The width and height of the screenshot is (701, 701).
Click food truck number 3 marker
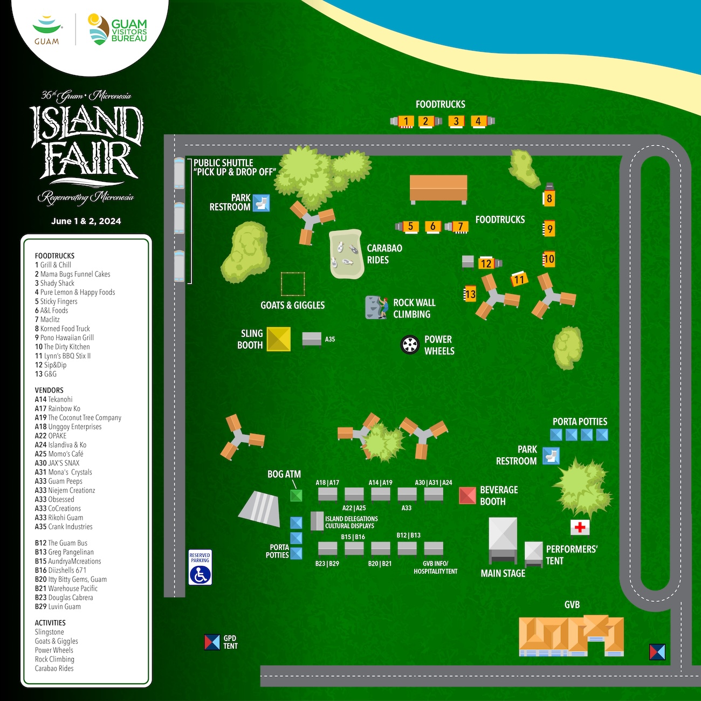pyautogui.click(x=456, y=121)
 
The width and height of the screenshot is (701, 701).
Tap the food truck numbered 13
pyautogui.click(x=470, y=294)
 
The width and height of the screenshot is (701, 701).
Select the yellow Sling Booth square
pyautogui.click(x=278, y=339)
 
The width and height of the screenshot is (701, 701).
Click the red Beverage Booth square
pyautogui.click(x=468, y=496)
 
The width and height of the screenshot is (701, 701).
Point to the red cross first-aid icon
pyautogui.click(x=580, y=527)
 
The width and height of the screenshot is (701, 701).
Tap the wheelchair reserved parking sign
pyautogui.click(x=200, y=567)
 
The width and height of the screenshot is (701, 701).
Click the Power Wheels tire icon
pyautogui.click(x=410, y=345)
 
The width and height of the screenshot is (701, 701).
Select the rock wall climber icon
pyautogui.click(x=376, y=307)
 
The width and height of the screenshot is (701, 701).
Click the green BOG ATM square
pyautogui.click(x=296, y=496)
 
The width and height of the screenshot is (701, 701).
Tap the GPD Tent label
pyautogui.click(x=230, y=642)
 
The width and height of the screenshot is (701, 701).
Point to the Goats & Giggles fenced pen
pyautogui.click(x=293, y=284)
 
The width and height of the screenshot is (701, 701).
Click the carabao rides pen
pyautogui.click(x=345, y=254)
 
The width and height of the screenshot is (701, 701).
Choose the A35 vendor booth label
pyautogui.click(x=330, y=339)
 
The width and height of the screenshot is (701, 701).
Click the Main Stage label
pyautogui.click(x=503, y=573)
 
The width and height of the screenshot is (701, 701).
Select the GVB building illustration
pyautogui.click(x=571, y=636)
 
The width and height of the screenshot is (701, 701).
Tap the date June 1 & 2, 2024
pyautogui.click(x=86, y=221)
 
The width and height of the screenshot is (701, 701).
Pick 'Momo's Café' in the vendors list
pyautogui.click(x=66, y=454)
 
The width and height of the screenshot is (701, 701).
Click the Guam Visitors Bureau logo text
pyautogui.click(x=129, y=31)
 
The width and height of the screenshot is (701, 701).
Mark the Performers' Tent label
pyautogui.click(x=572, y=555)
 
